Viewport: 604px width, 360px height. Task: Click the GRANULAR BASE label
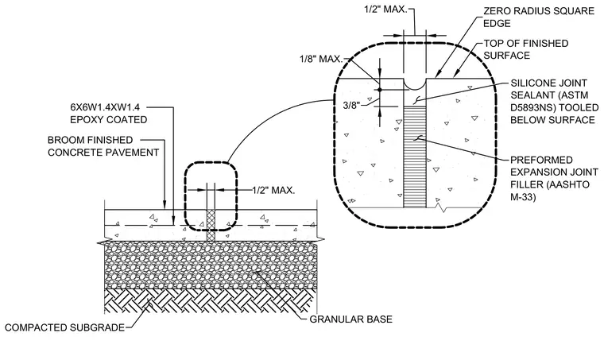click(x=351, y=319)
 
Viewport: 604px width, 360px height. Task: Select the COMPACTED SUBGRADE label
click(x=64, y=327)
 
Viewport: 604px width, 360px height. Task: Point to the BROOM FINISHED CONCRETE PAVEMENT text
click(x=103, y=146)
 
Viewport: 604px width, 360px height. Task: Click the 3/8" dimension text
click(x=351, y=105)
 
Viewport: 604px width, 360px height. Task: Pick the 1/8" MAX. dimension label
click(x=321, y=60)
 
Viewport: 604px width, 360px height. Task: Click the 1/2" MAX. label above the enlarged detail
click(x=385, y=10)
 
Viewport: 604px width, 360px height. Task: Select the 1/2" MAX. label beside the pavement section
click(x=273, y=190)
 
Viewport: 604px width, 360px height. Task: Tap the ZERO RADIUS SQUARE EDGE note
click(x=539, y=17)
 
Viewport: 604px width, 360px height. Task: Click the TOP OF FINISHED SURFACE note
click(x=526, y=49)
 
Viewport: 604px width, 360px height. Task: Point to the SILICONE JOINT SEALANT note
click(x=554, y=102)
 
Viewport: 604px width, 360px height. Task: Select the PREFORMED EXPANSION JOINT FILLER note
click(x=554, y=178)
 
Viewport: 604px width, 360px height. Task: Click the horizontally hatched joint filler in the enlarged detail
click(x=415, y=157)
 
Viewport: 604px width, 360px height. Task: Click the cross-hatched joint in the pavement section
click(x=211, y=226)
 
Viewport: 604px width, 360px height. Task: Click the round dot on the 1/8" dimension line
click(x=379, y=90)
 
